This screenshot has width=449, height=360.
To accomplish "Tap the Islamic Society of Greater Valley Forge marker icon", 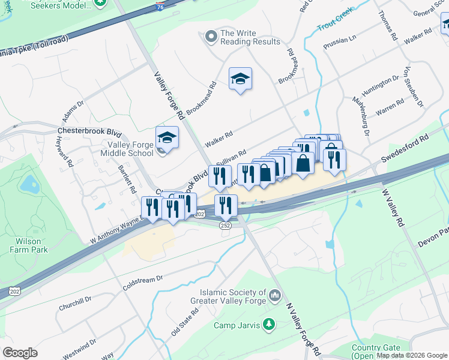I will pyautogui.click(x=276, y=295).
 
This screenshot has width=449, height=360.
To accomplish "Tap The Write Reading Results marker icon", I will pyautogui.click(x=211, y=37).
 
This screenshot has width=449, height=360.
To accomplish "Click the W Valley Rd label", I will pyautogui.click(x=392, y=208).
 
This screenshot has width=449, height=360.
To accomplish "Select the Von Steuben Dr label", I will pyautogui.click(x=414, y=86).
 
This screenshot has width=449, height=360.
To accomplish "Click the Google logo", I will pyautogui.click(x=20, y=352).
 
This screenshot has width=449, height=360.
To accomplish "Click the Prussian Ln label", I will pyautogui.click(x=339, y=45).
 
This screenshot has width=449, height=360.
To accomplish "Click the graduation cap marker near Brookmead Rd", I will pyautogui.click(x=240, y=79).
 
